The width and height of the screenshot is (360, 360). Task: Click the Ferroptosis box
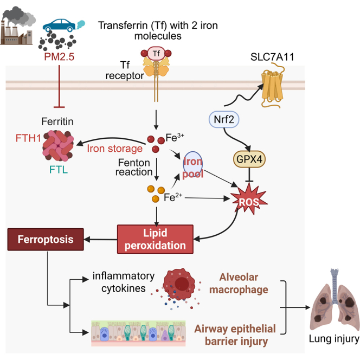click(x=46, y=239)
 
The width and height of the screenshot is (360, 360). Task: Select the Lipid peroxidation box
click(x=155, y=239)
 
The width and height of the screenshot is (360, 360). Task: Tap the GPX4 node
click(x=249, y=159)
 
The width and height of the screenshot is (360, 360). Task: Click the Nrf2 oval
click(x=224, y=119)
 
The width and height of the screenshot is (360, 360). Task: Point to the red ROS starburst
click(x=249, y=200)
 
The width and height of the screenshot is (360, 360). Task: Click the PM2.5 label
click(x=59, y=57)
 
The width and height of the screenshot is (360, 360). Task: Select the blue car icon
click(x=59, y=25)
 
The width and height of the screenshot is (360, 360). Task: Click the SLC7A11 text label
click(x=272, y=57)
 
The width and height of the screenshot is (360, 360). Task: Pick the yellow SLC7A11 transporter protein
click(x=273, y=86)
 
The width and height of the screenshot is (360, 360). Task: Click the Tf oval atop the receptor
click(x=156, y=54)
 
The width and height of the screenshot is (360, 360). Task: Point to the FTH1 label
click(x=28, y=138)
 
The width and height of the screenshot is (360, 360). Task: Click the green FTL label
click(x=59, y=170)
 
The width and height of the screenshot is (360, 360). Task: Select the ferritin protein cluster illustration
click(x=58, y=145)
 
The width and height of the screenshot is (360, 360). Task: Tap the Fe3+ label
click(x=175, y=138)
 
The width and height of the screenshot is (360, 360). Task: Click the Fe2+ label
click(x=173, y=197)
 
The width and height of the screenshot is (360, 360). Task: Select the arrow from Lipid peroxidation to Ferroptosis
click(x=100, y=240)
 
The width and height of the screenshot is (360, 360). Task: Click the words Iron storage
click(x=114, y=149)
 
